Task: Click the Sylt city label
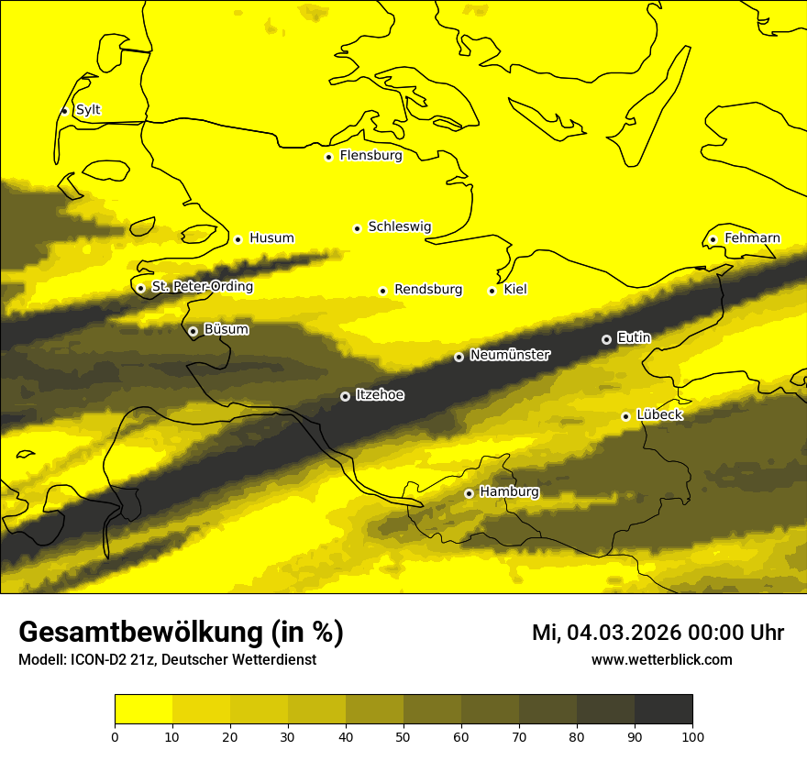click(x=88, y=110)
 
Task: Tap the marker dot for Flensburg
click(x=328, y=157)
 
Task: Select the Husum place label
click(x=271, y=238)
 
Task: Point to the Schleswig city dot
click(x=357, y=228)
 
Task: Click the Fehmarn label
click(x=752, y=238)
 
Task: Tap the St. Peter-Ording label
click(x=202, y=287)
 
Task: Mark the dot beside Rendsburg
click(x=382, y=291)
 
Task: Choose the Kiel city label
click(x=515, y=290)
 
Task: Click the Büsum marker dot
click(x=193, y=331)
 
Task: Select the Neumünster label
click(x=510, y=355)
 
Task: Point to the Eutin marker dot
click(x=606, y=339)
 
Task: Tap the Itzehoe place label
click(x=381, y=395)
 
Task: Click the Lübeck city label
click(x=659, y=415)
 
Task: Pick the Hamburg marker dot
click(x=469, y=493)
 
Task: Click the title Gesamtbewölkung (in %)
click(x=181, y=632)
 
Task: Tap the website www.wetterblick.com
click(x=661, y=660)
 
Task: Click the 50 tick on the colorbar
click(x=403, y=736)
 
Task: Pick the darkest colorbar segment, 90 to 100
click(x=663, y=709)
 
